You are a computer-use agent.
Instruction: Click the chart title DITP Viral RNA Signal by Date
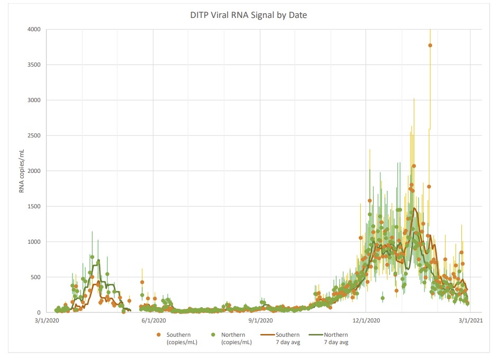pos(249,15)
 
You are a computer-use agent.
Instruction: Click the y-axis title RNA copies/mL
pos(22,171)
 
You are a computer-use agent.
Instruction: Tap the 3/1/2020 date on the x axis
pos(47,320)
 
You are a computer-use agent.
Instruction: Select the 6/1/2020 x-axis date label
pos(153,320)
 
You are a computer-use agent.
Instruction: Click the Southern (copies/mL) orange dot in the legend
pos(158,335)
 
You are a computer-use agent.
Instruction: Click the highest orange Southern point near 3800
pos(430,45)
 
